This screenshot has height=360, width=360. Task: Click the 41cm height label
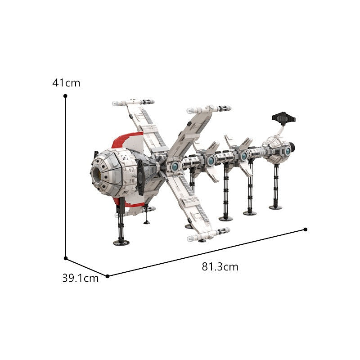click(x=66, y=83)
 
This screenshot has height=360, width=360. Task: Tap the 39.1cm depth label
click(x=80, y=278)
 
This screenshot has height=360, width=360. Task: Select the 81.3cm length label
click(x=220, y=267)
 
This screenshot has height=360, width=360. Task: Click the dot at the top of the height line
click(x=65, y=96)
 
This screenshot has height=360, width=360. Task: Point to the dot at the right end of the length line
click(x=306, y=229)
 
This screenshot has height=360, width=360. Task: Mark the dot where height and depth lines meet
click(x=66, y=258)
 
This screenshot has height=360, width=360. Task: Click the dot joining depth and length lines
click(x=108, y=276)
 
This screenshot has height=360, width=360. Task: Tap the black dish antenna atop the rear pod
click(x=283, y=118)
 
